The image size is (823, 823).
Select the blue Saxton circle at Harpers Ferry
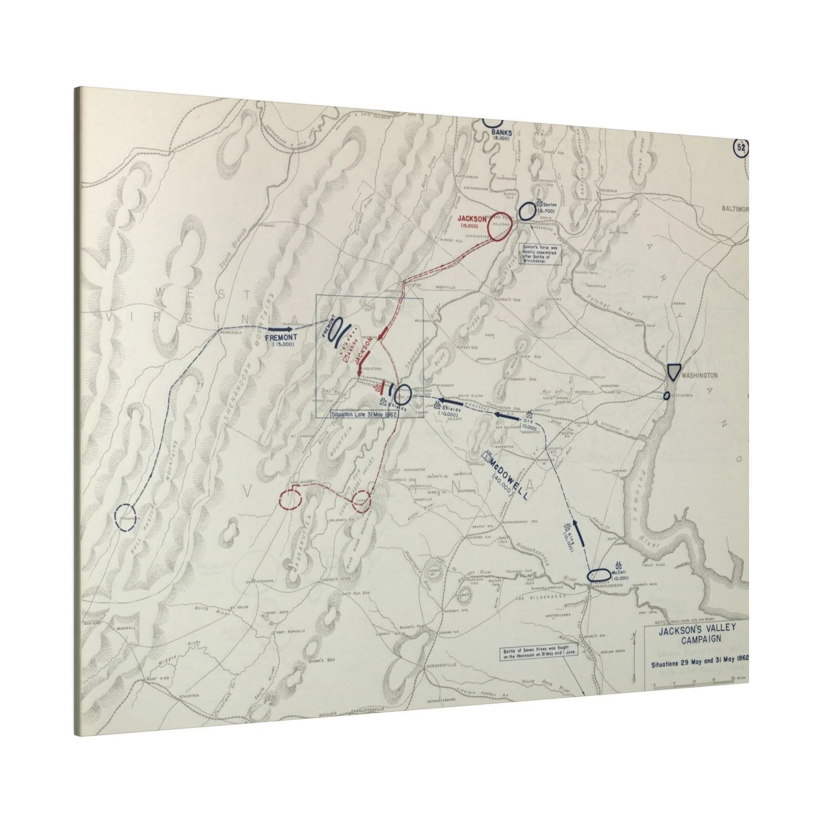pyautogui.click(x=527, y=211)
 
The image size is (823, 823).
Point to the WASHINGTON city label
pyautogui.click(x=700, y=375)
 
